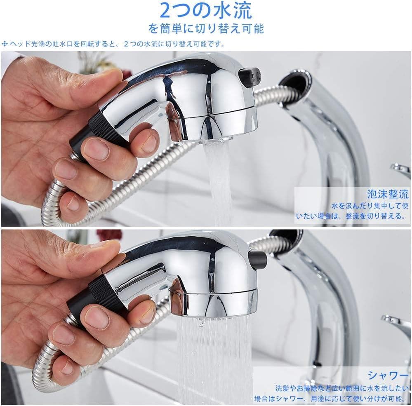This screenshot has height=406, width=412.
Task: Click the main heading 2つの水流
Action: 206,10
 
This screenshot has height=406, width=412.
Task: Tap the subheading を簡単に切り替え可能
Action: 206,28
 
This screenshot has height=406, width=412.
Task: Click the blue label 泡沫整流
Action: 388,194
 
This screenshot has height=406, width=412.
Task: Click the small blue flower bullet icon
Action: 5,44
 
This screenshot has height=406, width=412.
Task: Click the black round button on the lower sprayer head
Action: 258,259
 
